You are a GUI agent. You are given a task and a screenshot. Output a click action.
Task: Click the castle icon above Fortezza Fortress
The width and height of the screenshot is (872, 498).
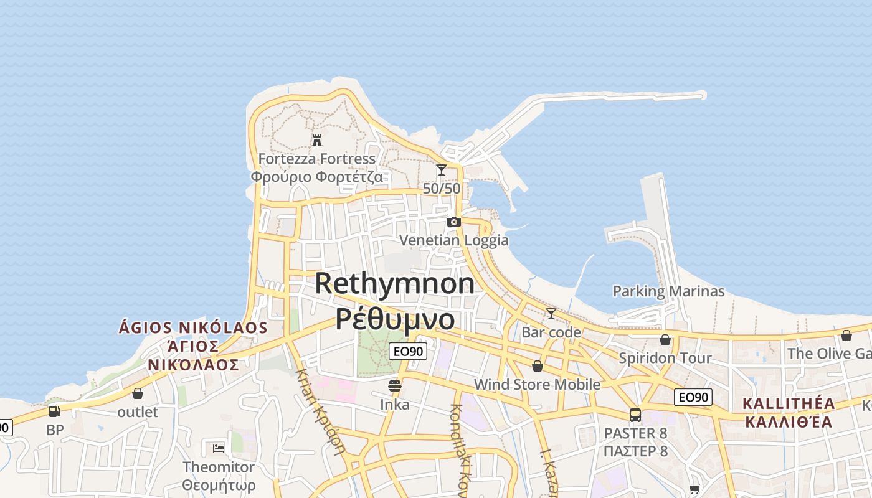point(317,139)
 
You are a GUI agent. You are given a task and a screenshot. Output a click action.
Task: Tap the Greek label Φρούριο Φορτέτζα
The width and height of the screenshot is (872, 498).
point(316,176)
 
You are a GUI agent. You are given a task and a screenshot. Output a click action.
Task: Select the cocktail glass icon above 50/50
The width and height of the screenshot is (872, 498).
point(442,169)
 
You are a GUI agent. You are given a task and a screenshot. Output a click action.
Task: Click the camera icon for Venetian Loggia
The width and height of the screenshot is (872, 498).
point(454,222)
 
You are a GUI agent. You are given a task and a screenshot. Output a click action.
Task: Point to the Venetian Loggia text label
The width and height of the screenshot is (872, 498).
point(453,240)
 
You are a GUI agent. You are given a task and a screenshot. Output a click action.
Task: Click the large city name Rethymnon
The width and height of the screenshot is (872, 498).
point(394,284)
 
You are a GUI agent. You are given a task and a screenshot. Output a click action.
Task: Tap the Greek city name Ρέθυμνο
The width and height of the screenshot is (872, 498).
point(395,319)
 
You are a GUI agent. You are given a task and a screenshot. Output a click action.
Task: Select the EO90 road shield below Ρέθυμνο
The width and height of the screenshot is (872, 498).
point(408,351)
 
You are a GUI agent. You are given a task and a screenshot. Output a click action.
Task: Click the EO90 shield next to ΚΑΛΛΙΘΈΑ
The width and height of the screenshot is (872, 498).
point(693,397)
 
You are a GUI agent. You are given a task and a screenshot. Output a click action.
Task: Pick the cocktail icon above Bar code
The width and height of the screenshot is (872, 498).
point(551,313)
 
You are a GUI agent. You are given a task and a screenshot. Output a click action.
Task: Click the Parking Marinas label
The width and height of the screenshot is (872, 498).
point(668,291)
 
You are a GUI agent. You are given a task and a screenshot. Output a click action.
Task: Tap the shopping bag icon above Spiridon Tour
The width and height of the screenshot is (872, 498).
point(665,340)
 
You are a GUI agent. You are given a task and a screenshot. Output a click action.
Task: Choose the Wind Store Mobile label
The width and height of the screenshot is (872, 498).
point(537,385)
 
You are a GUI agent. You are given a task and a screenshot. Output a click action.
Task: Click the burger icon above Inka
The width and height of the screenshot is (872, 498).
point(394,386)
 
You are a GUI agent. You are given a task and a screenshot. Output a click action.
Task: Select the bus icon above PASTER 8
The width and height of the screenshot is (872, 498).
point(635,415)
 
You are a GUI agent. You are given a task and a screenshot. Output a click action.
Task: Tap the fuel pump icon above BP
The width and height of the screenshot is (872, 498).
point(55,411)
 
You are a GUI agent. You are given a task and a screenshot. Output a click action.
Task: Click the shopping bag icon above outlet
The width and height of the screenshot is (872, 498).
point(138,393)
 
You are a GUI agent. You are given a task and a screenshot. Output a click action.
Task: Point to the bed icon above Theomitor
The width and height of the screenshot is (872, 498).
point(218,448)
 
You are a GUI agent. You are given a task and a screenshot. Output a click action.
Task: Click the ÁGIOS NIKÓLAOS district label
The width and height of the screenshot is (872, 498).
point(193,327)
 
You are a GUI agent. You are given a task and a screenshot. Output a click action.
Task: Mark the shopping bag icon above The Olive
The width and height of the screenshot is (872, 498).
point(846,336)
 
